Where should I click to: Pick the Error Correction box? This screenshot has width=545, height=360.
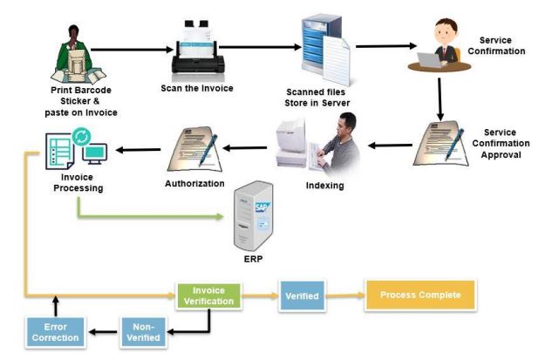click(55, 330)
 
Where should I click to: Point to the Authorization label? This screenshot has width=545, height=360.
click(194, 184)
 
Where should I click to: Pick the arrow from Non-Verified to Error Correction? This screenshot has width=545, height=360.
click(103, 330)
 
